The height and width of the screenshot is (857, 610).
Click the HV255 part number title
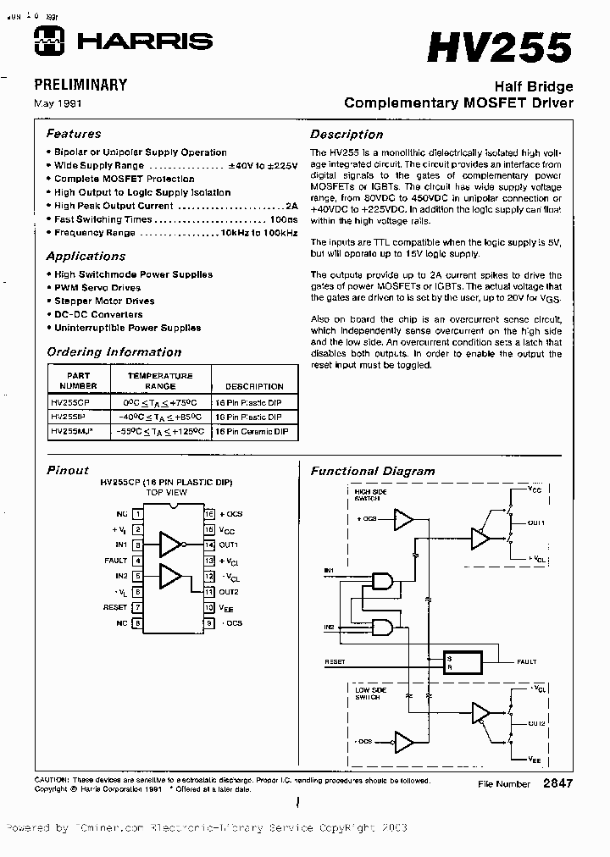[499, 48]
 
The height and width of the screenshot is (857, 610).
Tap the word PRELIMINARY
[80, 85]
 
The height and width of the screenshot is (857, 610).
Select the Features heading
[73, 134]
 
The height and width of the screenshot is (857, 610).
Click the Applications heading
[86, 256]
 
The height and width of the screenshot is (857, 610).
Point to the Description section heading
[346, 134]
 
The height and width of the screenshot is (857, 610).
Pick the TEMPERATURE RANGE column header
[160, 380]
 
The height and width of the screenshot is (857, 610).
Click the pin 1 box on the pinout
[137, 514]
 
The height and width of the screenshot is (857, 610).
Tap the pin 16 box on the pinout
[209, 514]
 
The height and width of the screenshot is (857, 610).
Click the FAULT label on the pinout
[116, 560]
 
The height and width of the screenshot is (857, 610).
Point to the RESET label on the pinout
[115, 607]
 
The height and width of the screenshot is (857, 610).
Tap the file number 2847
[557, 783]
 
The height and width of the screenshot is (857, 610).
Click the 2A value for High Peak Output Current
[291, 206]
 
